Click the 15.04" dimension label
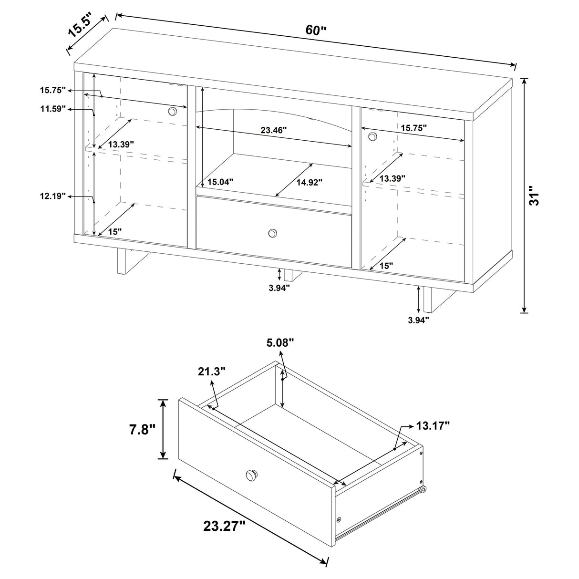coord(220,182)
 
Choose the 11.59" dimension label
coord(52,109)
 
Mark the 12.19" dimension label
coord(52,196)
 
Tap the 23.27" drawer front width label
coord(224,526)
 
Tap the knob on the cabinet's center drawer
coord(272,233)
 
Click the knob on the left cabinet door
coord(172,111)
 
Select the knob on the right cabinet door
coord(372,137)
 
